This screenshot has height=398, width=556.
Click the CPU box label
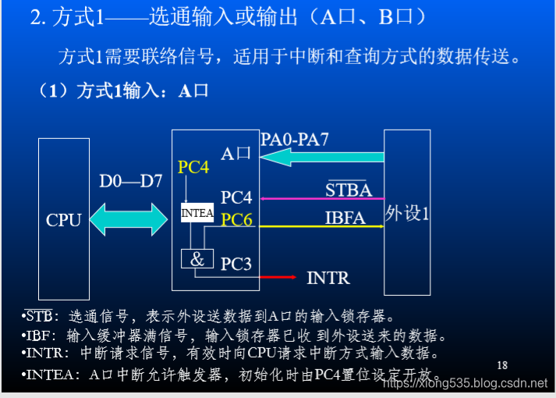point(64,220)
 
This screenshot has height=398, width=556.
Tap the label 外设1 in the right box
point(407,214)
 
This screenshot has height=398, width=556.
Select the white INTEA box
point(197,212)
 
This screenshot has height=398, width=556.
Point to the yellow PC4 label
point(193,167)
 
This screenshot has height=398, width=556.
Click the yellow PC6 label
point(236,220)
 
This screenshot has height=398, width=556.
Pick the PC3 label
point(236,265)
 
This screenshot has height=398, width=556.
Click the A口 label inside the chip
point(236,153)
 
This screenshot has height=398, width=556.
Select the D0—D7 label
point(130,181)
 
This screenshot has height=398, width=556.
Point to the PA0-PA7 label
point(295,140)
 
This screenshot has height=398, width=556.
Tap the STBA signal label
point(349,190)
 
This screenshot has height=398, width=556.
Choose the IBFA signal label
point(345,218)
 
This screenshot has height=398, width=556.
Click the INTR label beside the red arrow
point(328,278)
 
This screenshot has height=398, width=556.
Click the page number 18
point(501,365)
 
